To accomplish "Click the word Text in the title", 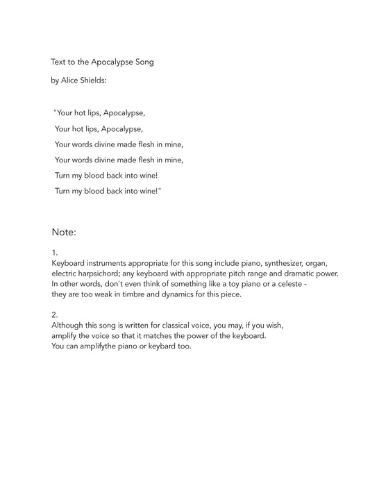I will click(58, 62).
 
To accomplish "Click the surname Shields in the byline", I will click(96, 81).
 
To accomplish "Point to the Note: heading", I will click(63, 232).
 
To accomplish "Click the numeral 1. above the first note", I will click(54, 253).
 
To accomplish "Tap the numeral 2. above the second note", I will click(55, 314).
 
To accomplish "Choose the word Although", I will click(69, 325).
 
